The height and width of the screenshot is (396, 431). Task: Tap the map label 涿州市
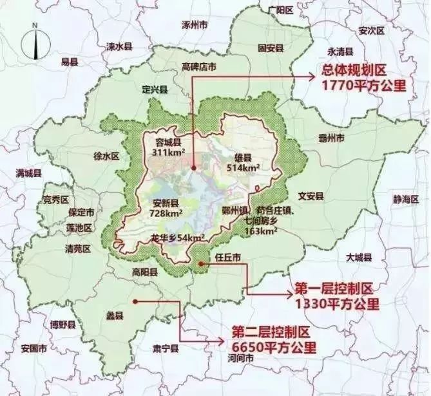195,25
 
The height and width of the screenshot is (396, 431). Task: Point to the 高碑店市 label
198,66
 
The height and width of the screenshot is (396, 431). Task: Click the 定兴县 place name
155,89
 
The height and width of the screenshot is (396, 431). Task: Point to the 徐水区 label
107,156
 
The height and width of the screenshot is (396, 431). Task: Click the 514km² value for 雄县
244,167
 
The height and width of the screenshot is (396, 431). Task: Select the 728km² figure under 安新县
166,212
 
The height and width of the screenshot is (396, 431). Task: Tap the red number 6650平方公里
274,348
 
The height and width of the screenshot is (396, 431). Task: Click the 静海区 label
405,200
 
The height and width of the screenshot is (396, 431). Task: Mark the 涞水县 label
119,46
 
